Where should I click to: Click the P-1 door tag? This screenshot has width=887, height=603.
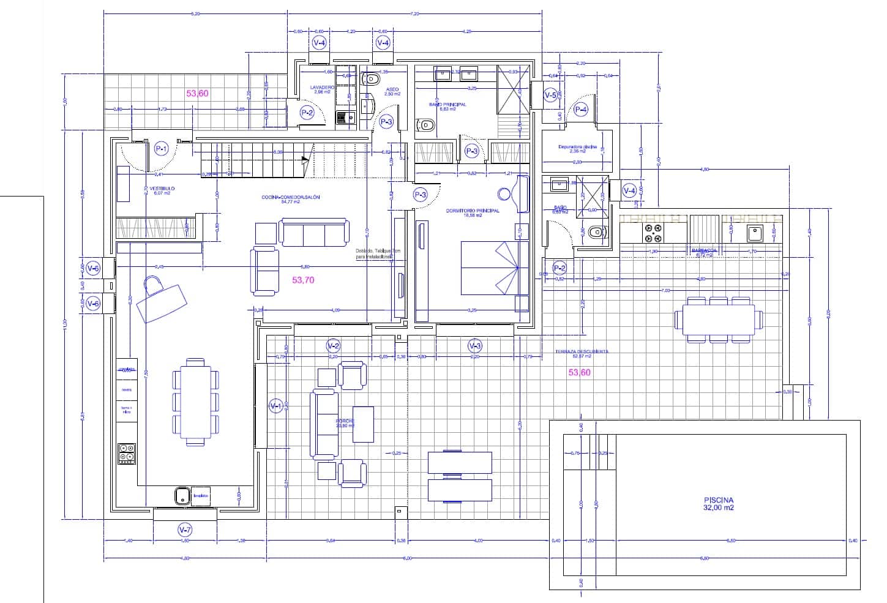tap(162, 148)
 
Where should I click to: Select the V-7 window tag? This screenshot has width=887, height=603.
tap(184, 530)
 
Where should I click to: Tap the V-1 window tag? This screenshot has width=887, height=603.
tap(275, 405)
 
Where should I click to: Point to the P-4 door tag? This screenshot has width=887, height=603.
tap(580, 110)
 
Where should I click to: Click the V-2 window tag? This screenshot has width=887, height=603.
tap(333, 346)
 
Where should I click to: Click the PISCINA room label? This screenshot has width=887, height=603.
tap(719, 503)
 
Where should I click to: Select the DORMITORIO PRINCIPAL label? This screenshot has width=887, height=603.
tap(473, 211)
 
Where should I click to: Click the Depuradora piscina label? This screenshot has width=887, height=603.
tap(577, 147)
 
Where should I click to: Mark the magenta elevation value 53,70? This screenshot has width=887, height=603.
tap(303, 280)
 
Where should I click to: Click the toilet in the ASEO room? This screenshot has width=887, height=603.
tap(371, 80)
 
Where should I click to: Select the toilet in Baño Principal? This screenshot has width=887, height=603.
tap(426, 126)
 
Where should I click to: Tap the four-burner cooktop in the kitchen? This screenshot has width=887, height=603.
tap(127, 454)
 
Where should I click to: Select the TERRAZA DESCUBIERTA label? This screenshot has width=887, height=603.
tap(582, 352)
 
